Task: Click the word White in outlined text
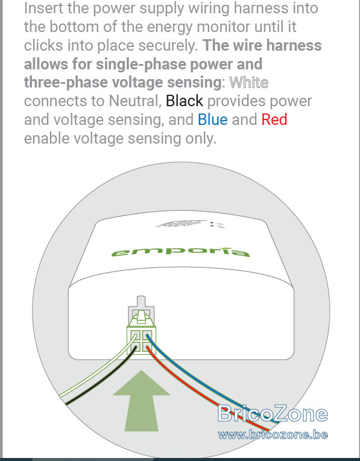(x=248, y=83)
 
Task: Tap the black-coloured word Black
(x=185, y=101)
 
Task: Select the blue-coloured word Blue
(x=212, y=119)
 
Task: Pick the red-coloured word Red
(x=274, y=119)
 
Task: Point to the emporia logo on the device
(x=181, y=252)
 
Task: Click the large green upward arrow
(x=141, y=401)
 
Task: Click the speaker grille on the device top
(x=182, y=224)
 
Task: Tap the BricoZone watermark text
(x=273, y=413)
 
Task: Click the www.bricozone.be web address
(x=273, y=435)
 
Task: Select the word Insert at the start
(x=43, y=8)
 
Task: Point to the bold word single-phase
(x=141, y=64)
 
